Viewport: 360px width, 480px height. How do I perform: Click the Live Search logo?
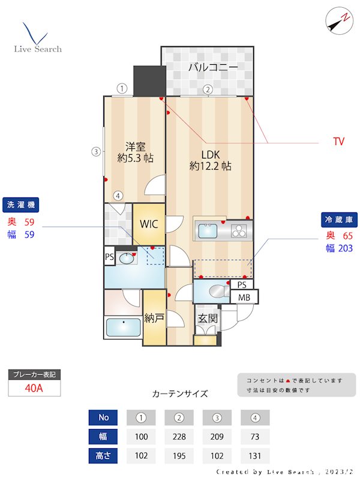pyautogui.click(x=38, y=38)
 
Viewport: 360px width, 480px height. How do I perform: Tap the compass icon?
pyautogui.click(x=338, y=20)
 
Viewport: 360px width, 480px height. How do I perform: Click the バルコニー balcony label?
pyautogui.click(x=213, y=67)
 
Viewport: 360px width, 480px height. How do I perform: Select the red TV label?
pyautogui.click(x=338, y=142)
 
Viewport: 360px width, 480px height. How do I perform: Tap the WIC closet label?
pyautogui.click(x=149, y=224)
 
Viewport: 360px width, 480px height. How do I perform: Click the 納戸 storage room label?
pyautogui.click(x=155, y=317)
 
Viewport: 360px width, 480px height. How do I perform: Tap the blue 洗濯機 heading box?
pyautogui.click(x=20, y=205)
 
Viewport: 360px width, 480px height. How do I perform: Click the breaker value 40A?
pyautogui.click(x=34, y=388)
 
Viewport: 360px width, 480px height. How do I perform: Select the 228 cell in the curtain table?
pyautogui.click(x=178, y=436)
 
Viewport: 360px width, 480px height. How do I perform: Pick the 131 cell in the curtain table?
pyautogui.click(x=255, y=455)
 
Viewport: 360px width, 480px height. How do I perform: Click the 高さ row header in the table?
pyautogui.click(x=103, y=455)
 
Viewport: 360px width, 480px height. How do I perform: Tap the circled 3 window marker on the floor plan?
pyautogui.click(x=95, y=152)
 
